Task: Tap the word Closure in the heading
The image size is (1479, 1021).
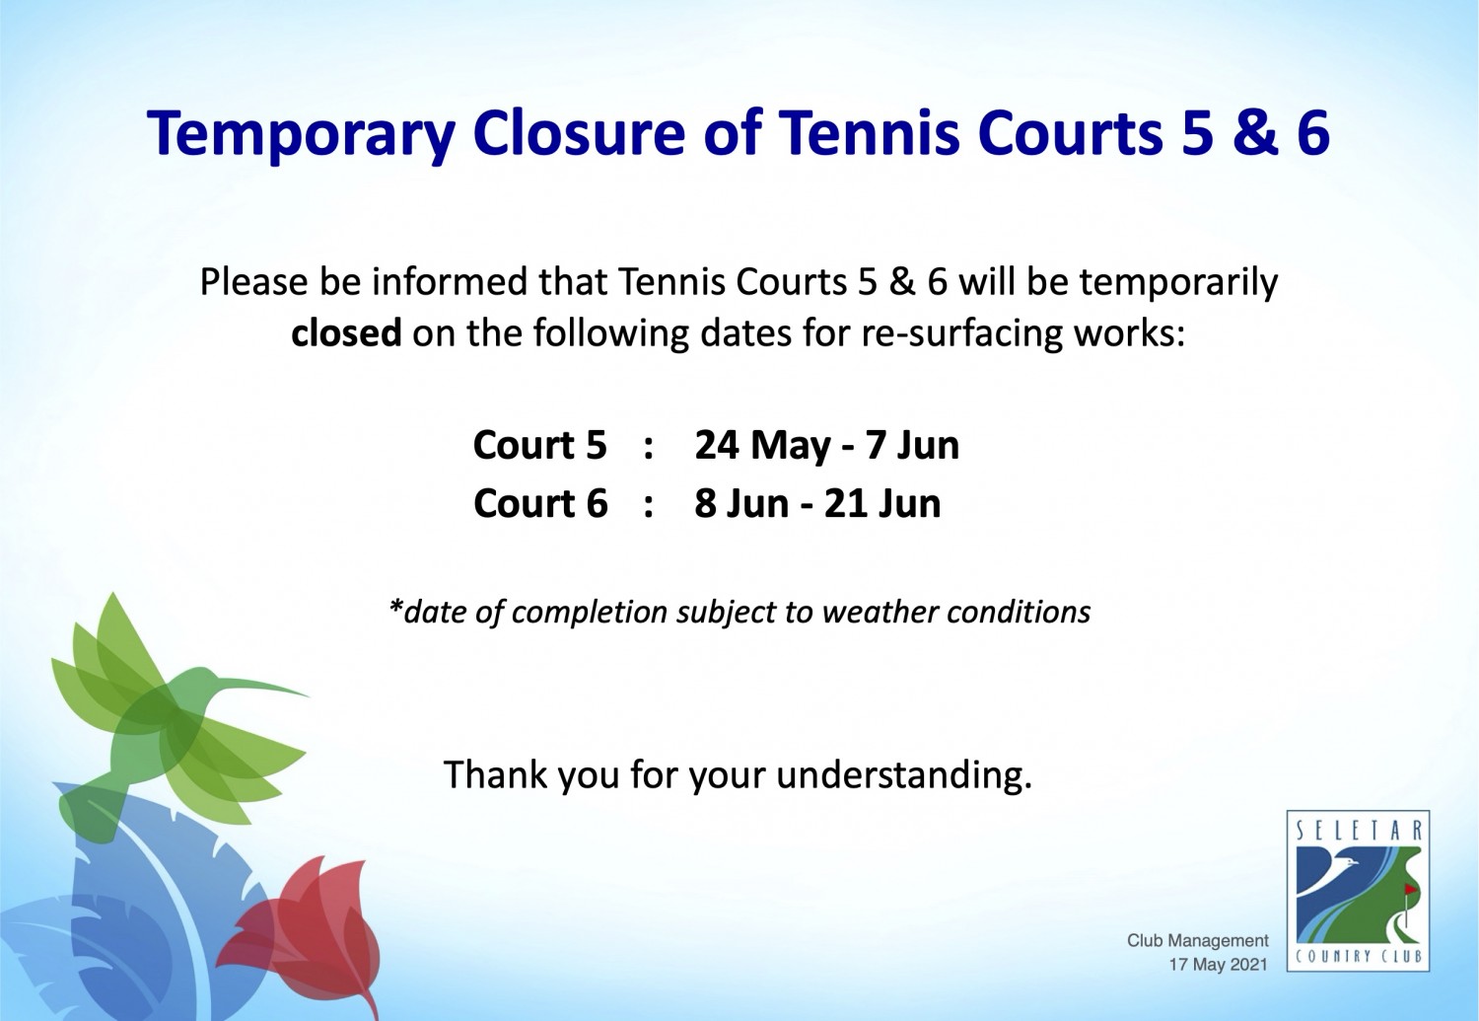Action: (x=581, y=132)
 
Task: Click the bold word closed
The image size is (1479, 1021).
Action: (x=346, y=332)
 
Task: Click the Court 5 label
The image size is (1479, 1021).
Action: (x=539, y=445)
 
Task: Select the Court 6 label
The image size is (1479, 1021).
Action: (x=540, y=503)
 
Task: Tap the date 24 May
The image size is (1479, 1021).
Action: (x=762, y=446)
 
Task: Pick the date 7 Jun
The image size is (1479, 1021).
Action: (x=912, y=445)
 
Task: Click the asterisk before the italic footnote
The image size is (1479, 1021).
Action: (x=395, y=604)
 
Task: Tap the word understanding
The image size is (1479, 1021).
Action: (x=903, y=775)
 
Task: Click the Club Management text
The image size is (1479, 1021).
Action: (x=1198, y=940)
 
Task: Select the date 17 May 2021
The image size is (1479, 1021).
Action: (x=1218, y=965)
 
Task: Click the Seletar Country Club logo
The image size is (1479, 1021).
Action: (x=1358, y=890)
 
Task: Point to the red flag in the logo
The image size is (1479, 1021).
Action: (x=1410, y=889)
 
